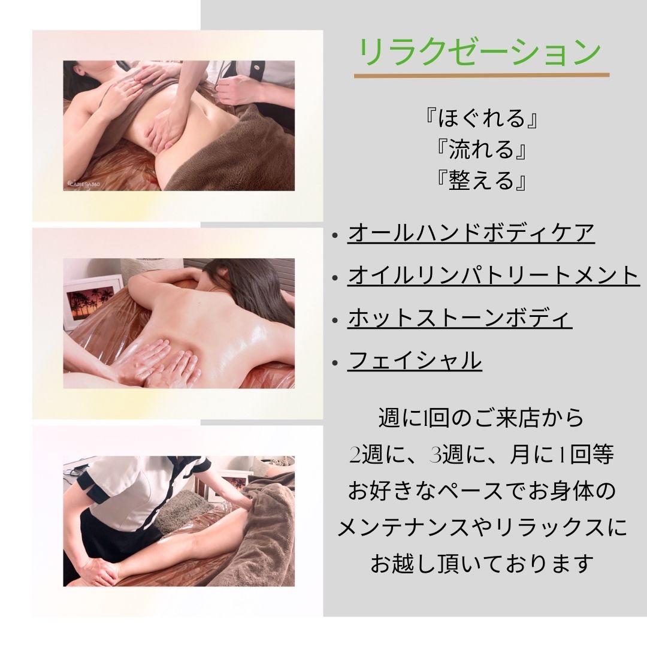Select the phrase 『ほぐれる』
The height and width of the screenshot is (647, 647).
click(x=481, y=118)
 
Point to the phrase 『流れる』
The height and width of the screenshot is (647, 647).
click(x=481, y=149)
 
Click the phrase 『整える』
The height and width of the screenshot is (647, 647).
click(x=481, y=181)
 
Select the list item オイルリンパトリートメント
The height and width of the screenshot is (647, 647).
click(x=494, y=275)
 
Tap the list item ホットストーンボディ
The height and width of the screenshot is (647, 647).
click(x=459, y=318)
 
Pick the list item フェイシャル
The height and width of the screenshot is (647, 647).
click(x=415, y=360)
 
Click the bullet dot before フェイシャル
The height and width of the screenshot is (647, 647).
click(x=335, y=363)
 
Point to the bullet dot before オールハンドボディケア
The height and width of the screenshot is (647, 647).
click(x=335, y=235)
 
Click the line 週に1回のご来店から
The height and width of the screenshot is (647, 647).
click(x=481, y=418)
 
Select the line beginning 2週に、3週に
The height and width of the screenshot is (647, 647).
click(x=481, y=454)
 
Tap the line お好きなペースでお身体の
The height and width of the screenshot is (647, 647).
click(x=481, y=491)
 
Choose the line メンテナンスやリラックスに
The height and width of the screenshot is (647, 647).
click(x=482, y=528)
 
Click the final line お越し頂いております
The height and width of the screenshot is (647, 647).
click(x=481, y=564)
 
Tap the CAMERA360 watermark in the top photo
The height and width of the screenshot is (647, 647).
click(x=84, y=184)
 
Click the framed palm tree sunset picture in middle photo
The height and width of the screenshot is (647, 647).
click(x=92, y=303)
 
